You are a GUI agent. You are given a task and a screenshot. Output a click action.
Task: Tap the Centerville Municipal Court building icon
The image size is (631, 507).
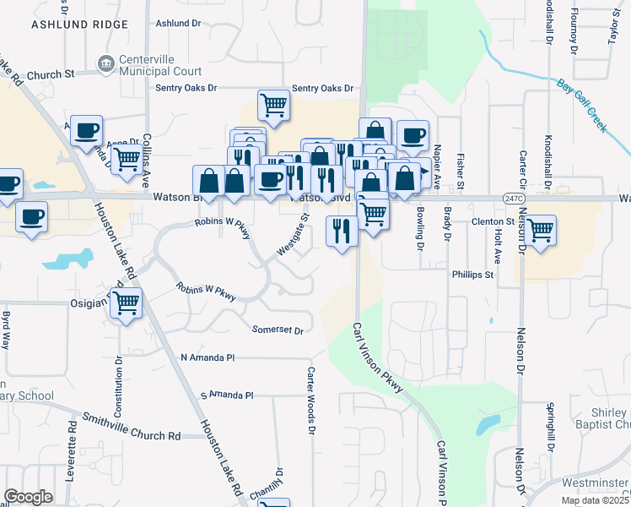pyautogui.click(x=105, y=63)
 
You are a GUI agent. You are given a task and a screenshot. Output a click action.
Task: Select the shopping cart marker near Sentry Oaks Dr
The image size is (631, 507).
pyautogui.click(x=274, y=106)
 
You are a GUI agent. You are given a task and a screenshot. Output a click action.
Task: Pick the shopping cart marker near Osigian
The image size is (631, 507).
pyautogui.click(x=126, y=303)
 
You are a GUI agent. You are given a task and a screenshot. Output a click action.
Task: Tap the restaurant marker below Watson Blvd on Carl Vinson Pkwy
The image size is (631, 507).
pyautogui.click(x=342, y=231)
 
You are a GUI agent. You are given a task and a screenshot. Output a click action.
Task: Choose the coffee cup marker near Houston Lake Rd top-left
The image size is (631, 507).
pyautogui.click(x=86, y=130)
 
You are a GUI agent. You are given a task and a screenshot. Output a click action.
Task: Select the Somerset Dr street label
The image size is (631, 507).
pyautogui.click(x=277, y=329)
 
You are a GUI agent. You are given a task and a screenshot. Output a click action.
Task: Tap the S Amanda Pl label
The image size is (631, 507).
pyautogui.click(x=226, y=395)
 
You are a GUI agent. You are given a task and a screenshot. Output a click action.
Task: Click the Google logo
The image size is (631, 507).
pyautogui.click(x=29, y=497)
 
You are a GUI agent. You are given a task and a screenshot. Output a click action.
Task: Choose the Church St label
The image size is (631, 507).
pyautogui.click(x=47, y=75)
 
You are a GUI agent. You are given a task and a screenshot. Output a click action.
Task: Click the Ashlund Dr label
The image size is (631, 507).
pyautogui.click(x=178, y=23)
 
